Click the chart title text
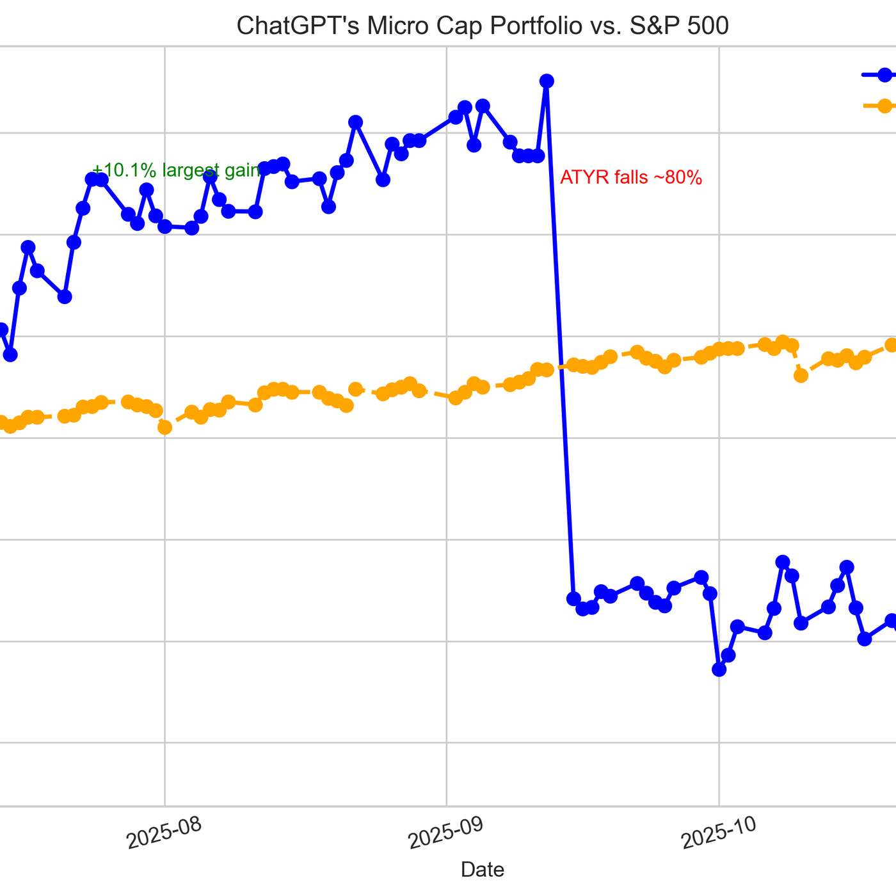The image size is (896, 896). [483, 26]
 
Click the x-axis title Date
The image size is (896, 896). [483, 869]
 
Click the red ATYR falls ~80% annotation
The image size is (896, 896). [631, 177]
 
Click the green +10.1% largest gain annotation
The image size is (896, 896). [176, 170]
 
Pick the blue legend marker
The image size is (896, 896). [884, 75]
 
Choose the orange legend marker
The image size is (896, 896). [884, 106]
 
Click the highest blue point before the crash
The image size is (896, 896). [547, 81]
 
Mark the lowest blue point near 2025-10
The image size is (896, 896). [719, 669]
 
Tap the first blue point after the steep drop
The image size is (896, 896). [573, 598]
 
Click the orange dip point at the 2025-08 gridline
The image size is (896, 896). [164, 428]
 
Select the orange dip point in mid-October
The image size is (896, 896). [801, 376]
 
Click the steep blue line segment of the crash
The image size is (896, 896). [560, 339]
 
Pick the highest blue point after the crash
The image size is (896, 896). [782, 562]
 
